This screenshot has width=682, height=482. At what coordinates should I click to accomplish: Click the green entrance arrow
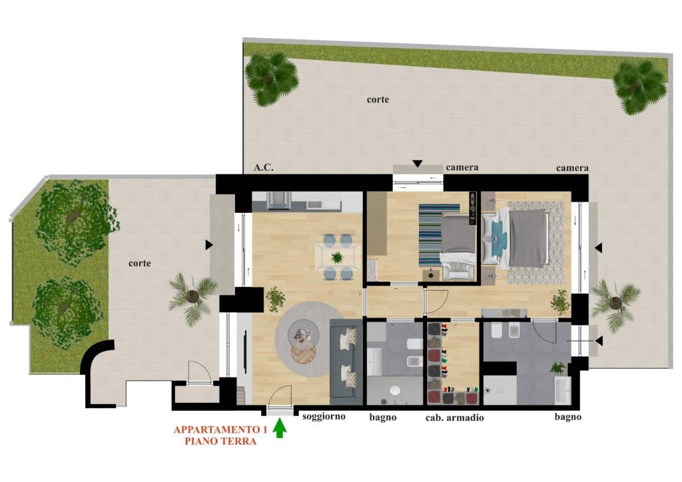(x=280, y=427)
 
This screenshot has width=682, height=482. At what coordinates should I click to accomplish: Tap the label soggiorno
(x=324, y=416)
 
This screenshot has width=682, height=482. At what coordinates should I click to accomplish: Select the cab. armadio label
(x=454, y=417)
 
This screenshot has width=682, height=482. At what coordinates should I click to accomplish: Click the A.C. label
(x=264, y=167)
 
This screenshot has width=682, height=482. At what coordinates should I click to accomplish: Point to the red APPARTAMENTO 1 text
(x=220, y=430)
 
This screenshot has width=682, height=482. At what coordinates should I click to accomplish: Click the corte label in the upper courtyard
(x=378, y=100)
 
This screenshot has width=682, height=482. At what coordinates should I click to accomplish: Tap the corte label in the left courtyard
(x=140, y=264)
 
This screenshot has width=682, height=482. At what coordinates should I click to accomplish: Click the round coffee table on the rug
(x=304, y=335)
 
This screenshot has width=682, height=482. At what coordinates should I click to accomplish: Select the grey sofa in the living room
(x=346, y=359)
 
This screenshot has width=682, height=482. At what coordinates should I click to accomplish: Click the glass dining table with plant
(x=338, y=257)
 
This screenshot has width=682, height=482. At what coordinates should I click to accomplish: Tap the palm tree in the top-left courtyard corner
(x=272, y=79)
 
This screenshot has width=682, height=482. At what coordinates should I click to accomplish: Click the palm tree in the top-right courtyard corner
(x=640, y=86)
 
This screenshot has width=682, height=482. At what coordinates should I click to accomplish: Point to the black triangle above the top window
(x=418, y=164)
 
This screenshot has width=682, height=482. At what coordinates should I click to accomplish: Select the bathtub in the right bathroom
(x=563, y=390)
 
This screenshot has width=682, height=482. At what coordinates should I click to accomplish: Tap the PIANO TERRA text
(x=220, y=441)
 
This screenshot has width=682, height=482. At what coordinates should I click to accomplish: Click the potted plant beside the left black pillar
(x=275, y=299)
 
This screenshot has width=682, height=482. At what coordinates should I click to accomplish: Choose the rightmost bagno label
(x=567, y=417)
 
